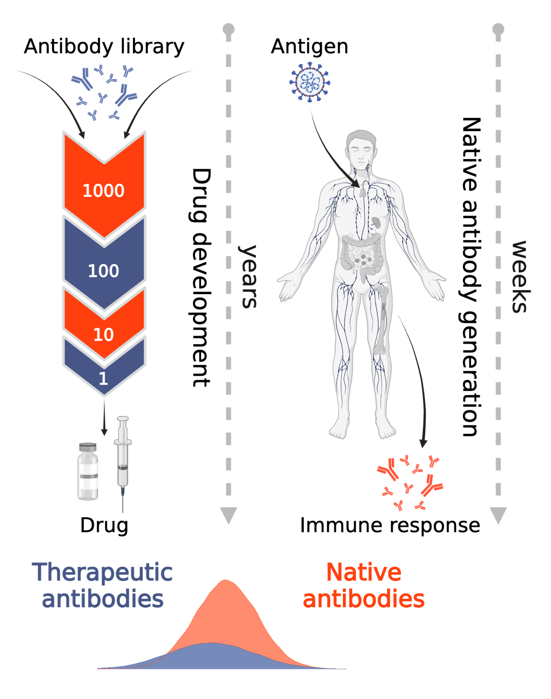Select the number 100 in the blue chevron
tap(104, 271)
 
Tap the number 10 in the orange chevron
tap(104, 335)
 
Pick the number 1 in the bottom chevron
tap(103, 378)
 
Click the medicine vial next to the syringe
tap(88, 472)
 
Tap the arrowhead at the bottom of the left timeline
tap(228, 514)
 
